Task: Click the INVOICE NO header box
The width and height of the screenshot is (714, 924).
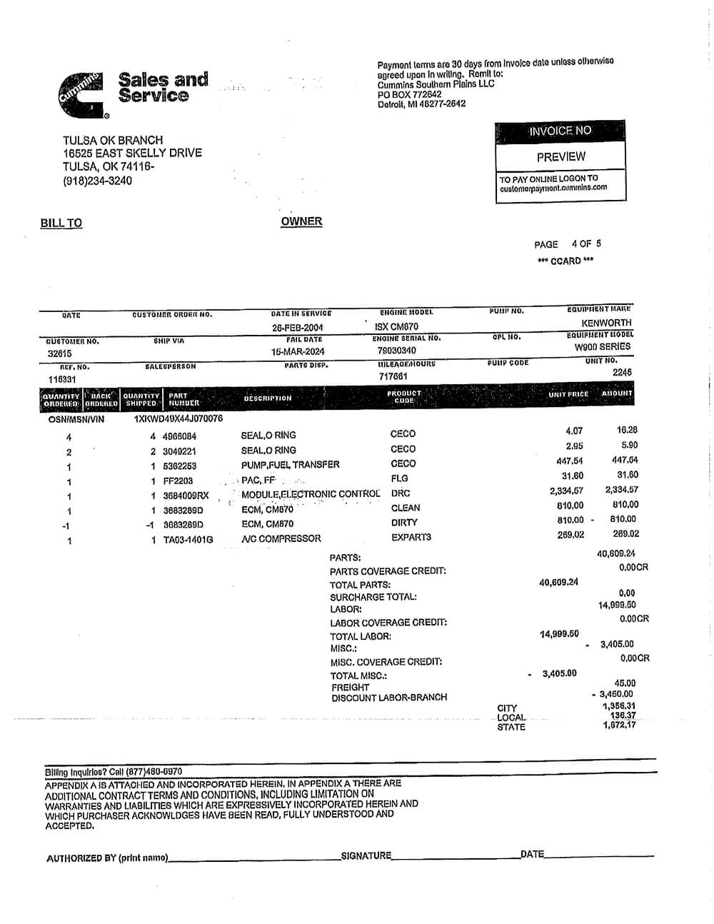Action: (x=560, y=131)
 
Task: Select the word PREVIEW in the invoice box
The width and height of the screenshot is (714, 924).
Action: (x=560, y=157)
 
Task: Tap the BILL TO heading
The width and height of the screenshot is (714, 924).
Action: (x=61, y=224)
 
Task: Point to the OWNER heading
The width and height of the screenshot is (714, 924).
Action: (x=301, y=221)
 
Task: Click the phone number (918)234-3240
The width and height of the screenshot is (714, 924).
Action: (x=97, y=181)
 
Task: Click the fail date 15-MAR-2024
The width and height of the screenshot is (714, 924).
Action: (x=298, y=352)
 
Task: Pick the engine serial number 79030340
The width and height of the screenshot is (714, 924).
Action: (x=397, y=351)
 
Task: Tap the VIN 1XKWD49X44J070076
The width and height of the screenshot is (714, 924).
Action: (x=178, y=419)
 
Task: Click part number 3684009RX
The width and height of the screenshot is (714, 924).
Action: (x=186, y=496)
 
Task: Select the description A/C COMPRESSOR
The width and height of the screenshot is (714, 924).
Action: (x=281, y=538)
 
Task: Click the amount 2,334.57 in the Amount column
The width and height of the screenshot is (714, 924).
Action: (x=621, y=490)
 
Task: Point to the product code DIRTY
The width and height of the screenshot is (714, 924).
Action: (x=404, y=523)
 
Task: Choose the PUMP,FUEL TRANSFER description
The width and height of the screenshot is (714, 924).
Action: (x=290, y=465)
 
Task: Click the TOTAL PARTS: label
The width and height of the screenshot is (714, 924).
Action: (x=360, y=585)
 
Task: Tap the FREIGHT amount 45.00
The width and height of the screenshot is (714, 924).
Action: (x=625, y=683)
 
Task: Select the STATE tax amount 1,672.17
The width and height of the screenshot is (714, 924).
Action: (x=619, y=726)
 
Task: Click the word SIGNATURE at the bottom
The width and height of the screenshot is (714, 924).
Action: (x=366, y=855)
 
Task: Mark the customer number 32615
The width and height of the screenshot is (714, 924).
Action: (x=60, y=353)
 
